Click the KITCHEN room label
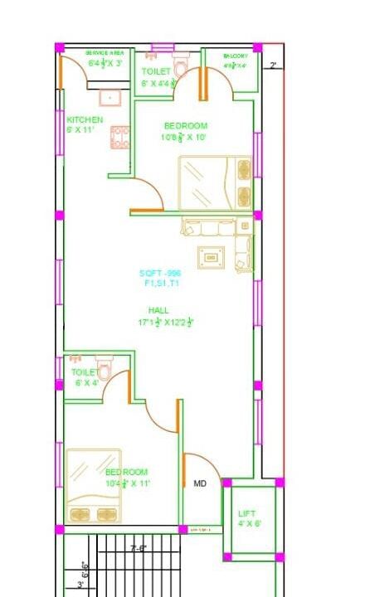point(85,120)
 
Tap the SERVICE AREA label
point(105,53)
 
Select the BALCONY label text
point(235,56)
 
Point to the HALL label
point(158,310)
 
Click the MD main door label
point(200,483)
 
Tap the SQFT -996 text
point(160,273)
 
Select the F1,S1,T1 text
point(160,283)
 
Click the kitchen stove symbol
point(119,137)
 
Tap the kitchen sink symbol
point(109,98)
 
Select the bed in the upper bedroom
point(214,183)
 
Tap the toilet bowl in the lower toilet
point(105,367)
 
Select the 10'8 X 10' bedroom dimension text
point(184,138)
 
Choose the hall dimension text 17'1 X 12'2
point(165,322)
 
